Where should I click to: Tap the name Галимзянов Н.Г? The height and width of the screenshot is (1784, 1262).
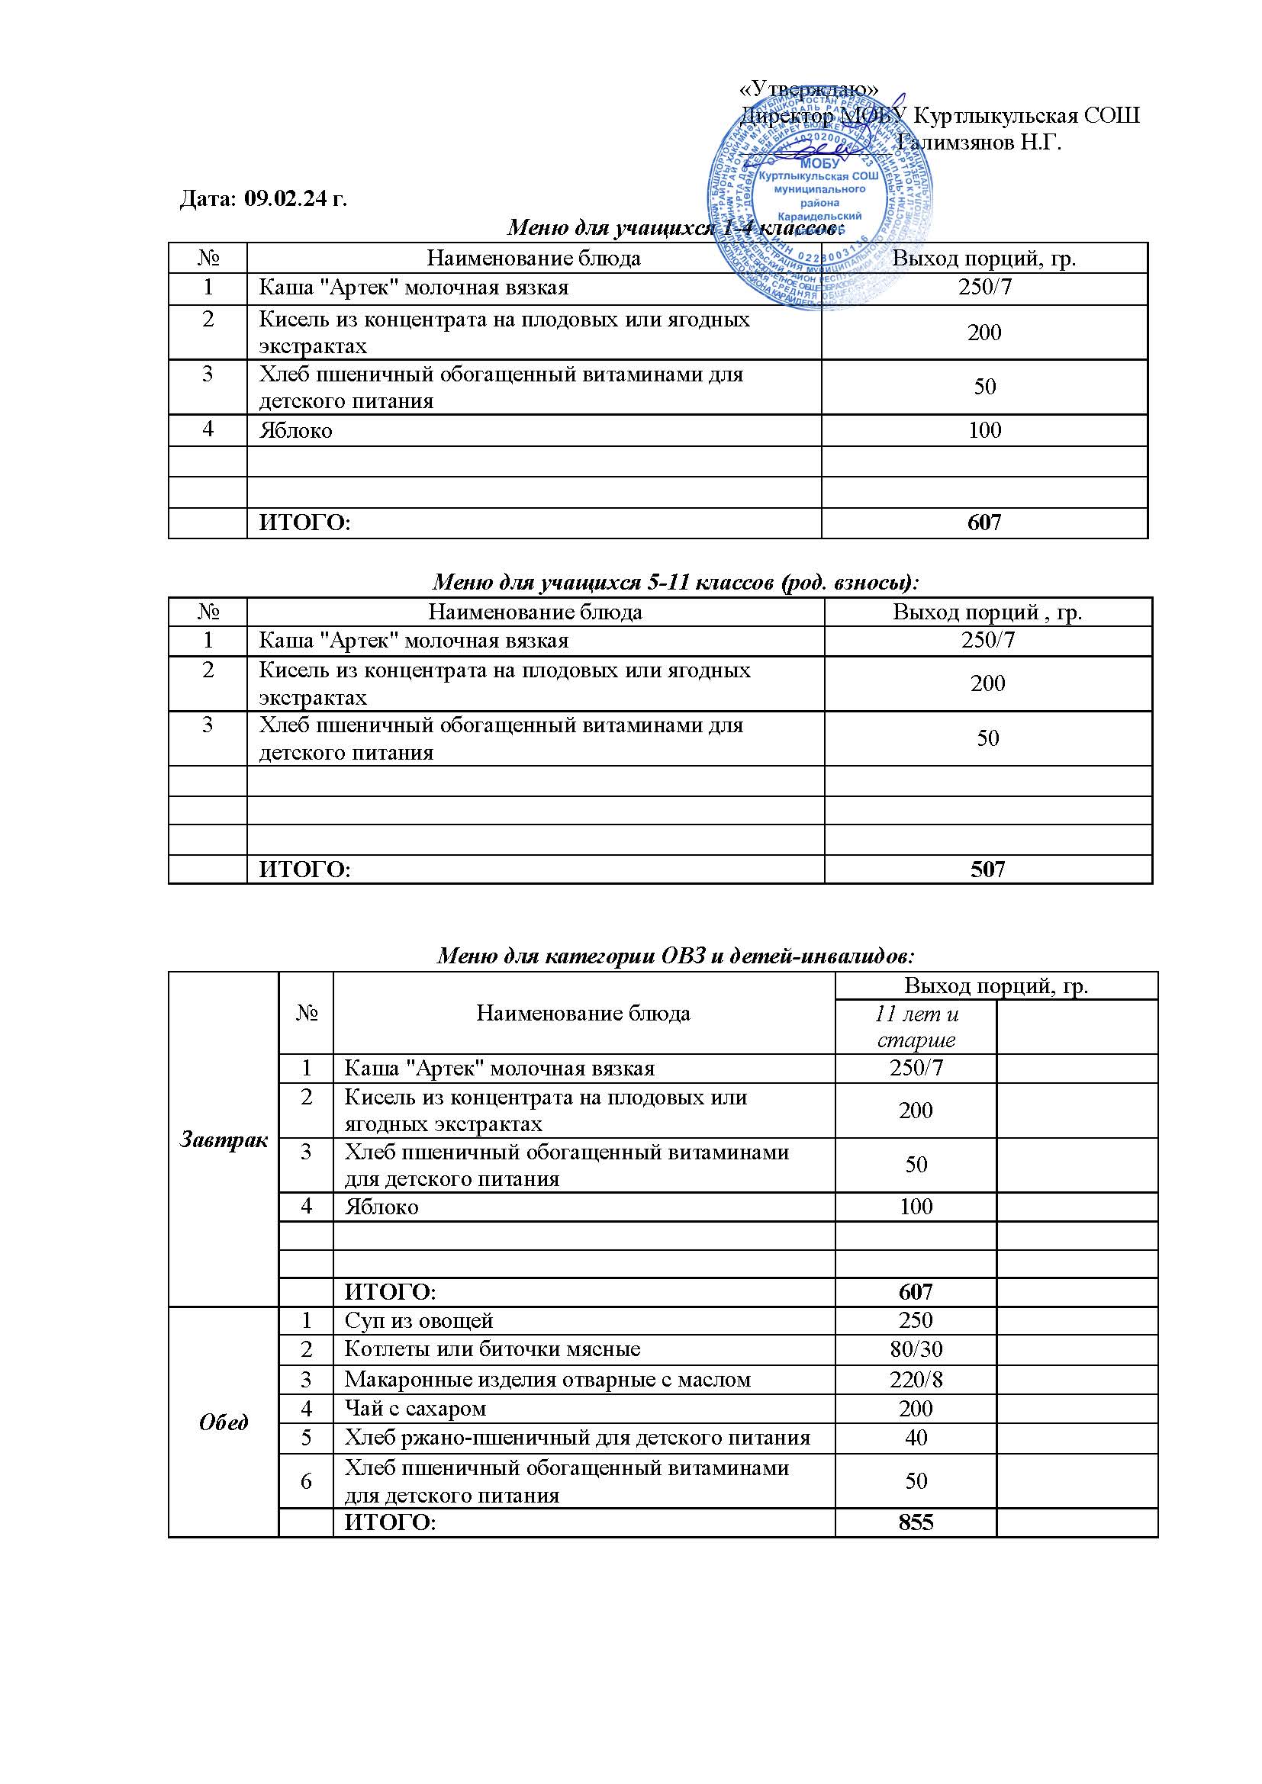[x=978, y=143]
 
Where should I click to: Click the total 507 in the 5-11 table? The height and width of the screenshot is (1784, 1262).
[x=987, y=869]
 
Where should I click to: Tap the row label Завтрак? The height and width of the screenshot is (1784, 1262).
[x=224, y=1140]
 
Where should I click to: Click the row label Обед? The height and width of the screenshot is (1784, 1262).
[x=224, y=1422]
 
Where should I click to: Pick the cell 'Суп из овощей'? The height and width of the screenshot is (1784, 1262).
[x=419, y=1320]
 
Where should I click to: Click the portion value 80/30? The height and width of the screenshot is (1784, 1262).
[x=916, y=1349]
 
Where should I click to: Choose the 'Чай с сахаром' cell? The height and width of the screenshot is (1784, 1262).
[x=415, y=1408]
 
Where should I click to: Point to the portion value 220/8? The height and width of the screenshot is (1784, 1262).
[x=916, y=1379]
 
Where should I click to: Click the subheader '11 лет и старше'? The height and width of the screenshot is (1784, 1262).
[x=916, y=1027]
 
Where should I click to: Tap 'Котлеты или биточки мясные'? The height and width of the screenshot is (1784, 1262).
[x=492, y=1349]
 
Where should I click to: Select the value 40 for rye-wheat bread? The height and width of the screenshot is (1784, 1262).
[x=916, y=1438]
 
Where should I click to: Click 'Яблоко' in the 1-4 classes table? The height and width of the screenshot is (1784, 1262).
[x=295, y=430]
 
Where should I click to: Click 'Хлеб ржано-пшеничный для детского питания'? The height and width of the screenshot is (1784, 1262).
[x=578, y=1438]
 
